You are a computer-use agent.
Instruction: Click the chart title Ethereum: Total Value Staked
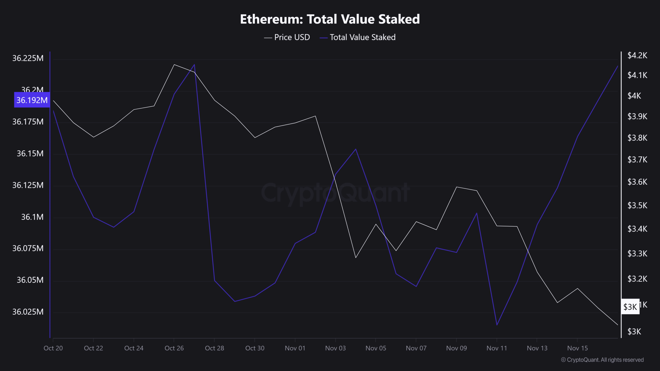(x=330, y=19)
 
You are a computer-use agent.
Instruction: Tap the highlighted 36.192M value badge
(x=32, y=100)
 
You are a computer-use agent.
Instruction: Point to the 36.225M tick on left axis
(x=28, y=58)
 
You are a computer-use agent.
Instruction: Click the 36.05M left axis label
(x=30, y=280)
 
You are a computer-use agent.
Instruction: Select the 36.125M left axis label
(x=28, y=185)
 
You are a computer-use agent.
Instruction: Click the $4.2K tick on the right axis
(x=637, y=55)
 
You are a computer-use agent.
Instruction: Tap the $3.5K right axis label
(x=637, y=206)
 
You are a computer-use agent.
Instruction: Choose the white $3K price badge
(x=630, y=307)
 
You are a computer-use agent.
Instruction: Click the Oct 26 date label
(x=174, y=348)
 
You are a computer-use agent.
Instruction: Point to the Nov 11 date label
(x=497, y=348)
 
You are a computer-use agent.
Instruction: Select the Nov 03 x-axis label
(x=335, y=348)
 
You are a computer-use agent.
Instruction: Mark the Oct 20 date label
(x=53, y=348)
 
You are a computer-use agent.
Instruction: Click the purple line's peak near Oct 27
(x=194, y=64)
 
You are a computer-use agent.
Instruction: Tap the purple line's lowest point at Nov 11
(x=497, y=325)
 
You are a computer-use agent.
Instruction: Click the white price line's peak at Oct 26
(x=174, y=64)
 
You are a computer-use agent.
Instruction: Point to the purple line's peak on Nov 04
(x=356, y=149)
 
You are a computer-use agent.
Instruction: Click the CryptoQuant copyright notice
(x=602, y=360)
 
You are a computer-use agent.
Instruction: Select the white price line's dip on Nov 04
(x=356, y=258)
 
